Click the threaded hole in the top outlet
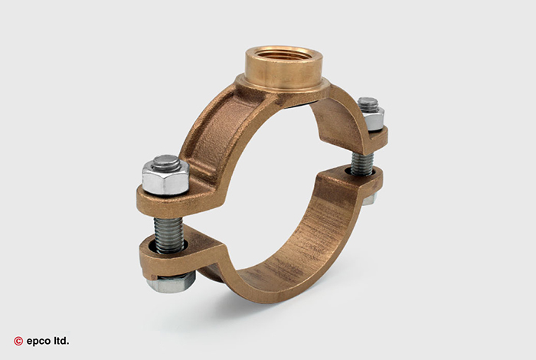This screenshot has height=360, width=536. [283, 54]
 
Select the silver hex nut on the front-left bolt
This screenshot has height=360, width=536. [165, 178]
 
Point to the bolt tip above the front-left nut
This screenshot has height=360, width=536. [166, 162]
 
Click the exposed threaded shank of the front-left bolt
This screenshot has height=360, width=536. [169, 234]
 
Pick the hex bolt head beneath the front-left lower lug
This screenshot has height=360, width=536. [172, 283]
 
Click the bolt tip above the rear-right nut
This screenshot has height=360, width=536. [368, 103]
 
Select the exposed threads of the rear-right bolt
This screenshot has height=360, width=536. [362, 164]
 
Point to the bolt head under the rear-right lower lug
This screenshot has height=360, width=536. [369, 198]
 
